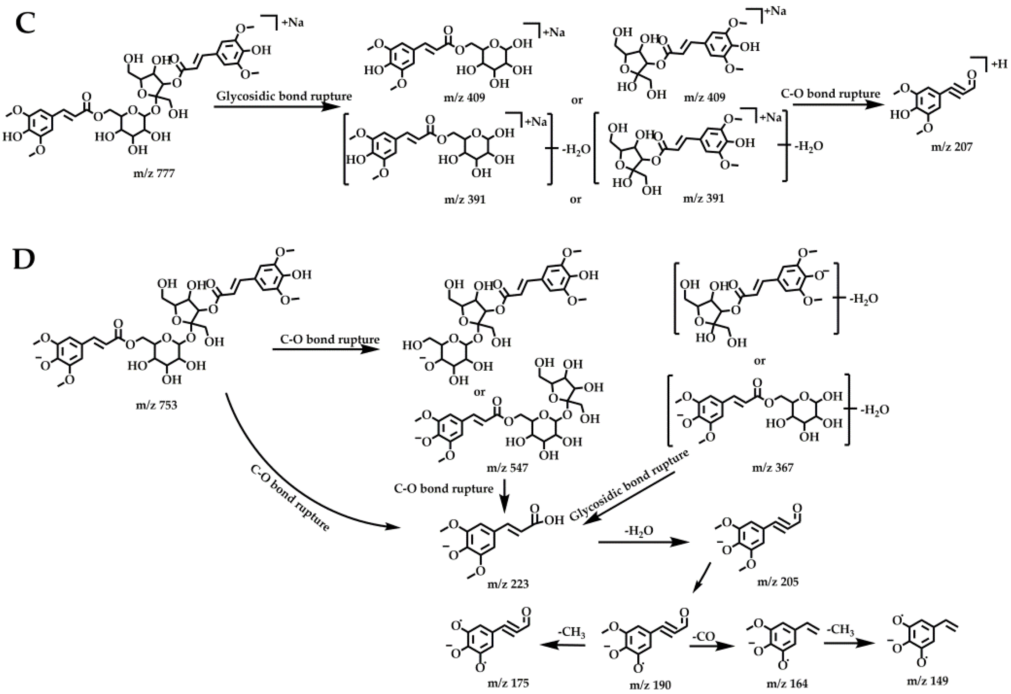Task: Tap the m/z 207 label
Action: (x=951, y=147)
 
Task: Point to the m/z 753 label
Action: (x=157, y=405)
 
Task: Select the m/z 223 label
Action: (x=508, y=584)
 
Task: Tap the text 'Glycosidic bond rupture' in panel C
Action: (x=284, y=96)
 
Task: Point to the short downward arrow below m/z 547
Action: (x=504, y=495)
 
